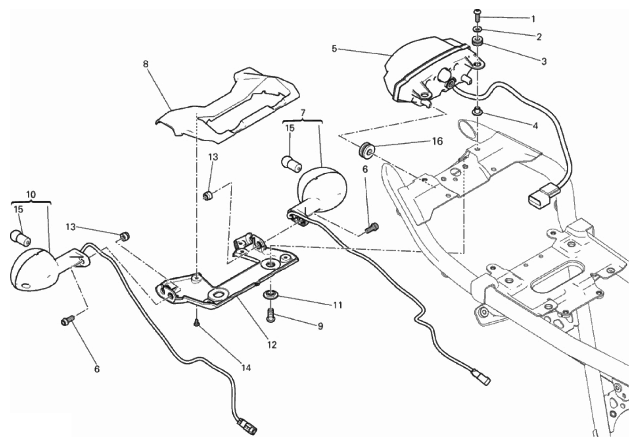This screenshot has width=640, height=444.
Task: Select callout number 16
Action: tap(437, 141)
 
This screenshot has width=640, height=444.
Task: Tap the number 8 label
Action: tap(145, 64)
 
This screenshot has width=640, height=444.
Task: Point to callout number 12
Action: tap(272, 345)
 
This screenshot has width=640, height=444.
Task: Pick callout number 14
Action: tap(246, 367)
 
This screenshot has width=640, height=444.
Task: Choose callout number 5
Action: tap(335, 48)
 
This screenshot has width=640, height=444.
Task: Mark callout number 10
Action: tap(31, 194)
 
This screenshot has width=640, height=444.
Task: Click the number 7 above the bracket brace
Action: tap(302, 113)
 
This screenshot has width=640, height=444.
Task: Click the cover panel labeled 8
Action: tap(229, 106)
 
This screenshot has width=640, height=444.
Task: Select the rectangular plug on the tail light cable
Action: tap(540, 197)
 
